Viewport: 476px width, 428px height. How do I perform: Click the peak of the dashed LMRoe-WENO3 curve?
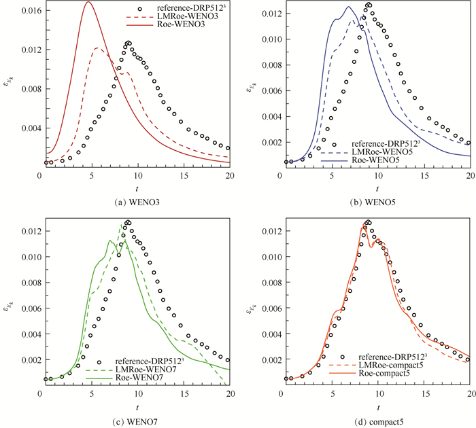click(98, 48)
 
